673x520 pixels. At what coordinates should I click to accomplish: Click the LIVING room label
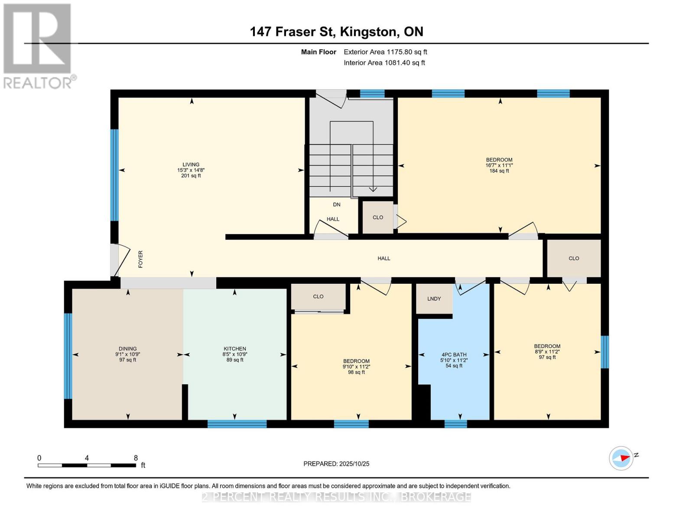191,165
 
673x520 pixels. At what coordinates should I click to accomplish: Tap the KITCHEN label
234,349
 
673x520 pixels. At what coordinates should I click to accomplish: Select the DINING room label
127,349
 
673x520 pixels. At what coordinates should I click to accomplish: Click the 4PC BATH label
454,354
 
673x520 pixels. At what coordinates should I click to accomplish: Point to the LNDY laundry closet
434,299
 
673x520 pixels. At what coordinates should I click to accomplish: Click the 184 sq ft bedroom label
499,160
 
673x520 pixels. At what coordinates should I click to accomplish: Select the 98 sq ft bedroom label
356,361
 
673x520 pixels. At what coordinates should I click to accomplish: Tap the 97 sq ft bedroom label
547,346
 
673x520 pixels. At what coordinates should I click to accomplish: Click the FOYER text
140,259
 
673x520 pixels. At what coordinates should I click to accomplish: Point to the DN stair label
337,205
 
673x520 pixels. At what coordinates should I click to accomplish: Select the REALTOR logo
38,46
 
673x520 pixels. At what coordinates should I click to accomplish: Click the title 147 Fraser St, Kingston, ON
336,32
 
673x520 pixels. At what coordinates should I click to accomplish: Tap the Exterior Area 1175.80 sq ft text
385,52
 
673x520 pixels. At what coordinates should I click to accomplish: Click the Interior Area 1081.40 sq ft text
384,63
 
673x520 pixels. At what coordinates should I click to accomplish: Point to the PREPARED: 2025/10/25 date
336,464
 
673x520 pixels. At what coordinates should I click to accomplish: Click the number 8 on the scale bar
136,458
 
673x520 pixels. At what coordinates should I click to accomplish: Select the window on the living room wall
114,175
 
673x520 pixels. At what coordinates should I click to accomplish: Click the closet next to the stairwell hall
378,218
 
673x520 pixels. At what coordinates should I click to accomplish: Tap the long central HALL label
384,258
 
